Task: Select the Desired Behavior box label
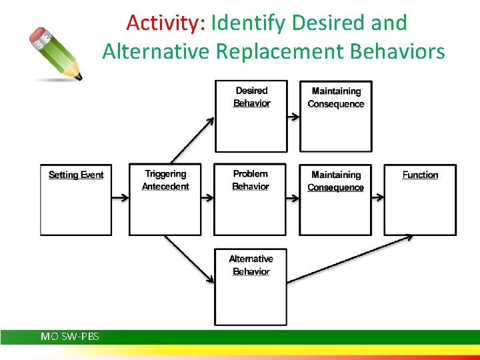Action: pos(251,97)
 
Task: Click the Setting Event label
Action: pos(76,175)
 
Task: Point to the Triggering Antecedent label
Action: pos(165,180)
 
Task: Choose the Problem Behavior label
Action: pos(251,180)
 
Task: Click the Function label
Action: pos(420,175)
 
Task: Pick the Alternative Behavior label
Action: pos(251,265)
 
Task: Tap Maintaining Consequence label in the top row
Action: pos(336,97)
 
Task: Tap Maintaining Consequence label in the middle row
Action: pos(336,181)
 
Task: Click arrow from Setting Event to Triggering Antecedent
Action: pos(120,197)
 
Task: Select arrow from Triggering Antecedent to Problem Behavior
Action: pos(207,197)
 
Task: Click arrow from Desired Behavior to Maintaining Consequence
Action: pos(293,116)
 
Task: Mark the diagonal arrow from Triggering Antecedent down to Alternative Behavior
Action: pos(189,259)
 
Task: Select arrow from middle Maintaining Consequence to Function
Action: pos(377,197)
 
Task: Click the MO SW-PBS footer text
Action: pos(70,337)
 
